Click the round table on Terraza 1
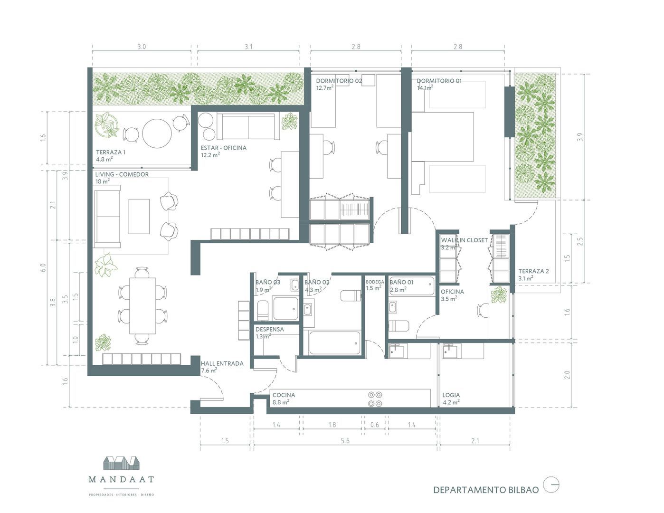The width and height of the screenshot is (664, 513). [x=157, y=133]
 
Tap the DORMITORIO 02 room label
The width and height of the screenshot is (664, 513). [x=339, y=81]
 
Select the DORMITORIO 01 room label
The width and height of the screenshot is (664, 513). [x=439, y=81]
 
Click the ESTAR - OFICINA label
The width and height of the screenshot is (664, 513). [x=223, y=148]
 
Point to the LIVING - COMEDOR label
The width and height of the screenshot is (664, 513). [x=122, y=174]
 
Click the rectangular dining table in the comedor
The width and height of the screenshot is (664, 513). [x=142, y=306]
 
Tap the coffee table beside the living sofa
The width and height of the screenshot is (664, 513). [x=139, y=216]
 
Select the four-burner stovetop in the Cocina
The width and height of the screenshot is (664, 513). [x=375, y=399]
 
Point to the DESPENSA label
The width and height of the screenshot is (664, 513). [x=269, y=329]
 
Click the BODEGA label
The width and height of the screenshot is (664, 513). [x=375, y=282]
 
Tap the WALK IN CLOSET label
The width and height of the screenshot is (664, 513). [x=464, y=240]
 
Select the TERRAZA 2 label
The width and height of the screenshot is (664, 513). [x=533, y=271]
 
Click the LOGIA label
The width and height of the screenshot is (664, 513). [x=451, y=395]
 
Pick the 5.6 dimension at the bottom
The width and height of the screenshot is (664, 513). [x=345, y=441]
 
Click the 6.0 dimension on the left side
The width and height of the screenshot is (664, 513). [x=43, y=267]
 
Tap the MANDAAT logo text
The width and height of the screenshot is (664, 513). [x=121, y=479]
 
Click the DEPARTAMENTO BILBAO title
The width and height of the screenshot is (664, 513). [x=486, y=490]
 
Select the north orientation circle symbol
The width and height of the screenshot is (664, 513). [x=551, y=485]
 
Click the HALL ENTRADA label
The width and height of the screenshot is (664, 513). [x=222, y=363]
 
